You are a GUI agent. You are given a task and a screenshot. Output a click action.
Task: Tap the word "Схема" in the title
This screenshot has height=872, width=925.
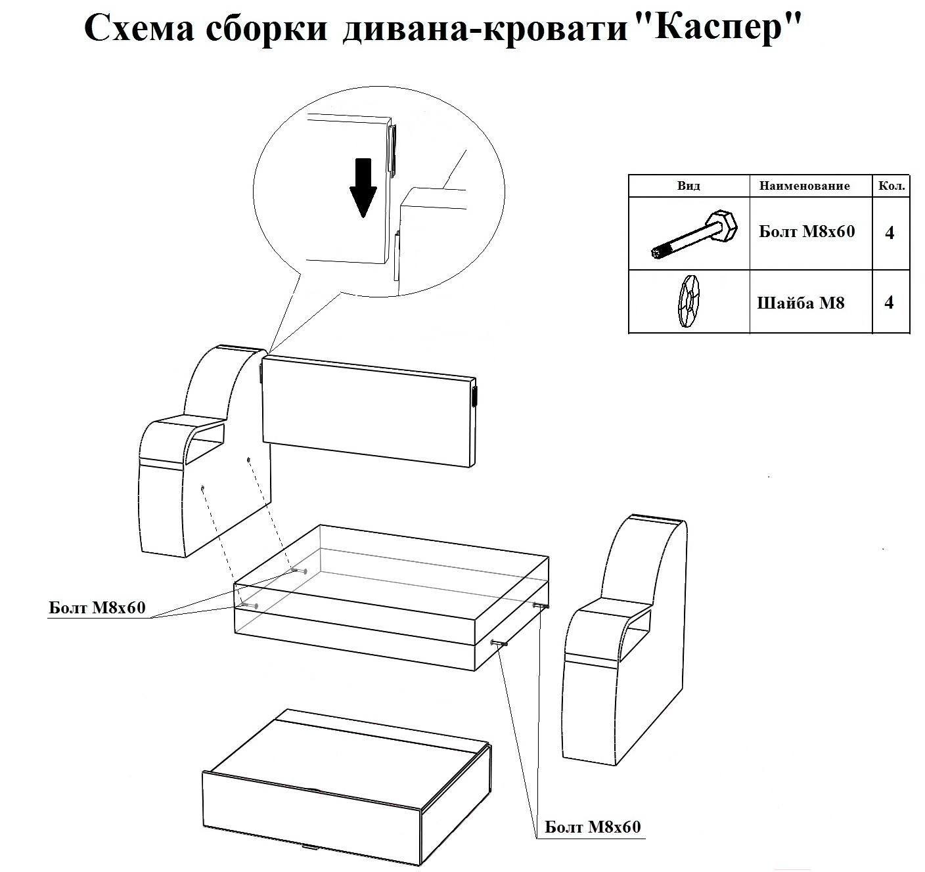139,29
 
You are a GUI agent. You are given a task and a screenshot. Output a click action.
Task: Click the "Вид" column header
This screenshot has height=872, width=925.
688,186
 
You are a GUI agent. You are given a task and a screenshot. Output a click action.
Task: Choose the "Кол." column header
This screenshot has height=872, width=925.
891,186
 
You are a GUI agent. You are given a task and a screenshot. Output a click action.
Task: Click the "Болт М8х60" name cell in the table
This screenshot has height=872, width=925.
807,232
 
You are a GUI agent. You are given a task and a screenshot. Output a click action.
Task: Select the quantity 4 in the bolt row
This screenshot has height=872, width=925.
890,233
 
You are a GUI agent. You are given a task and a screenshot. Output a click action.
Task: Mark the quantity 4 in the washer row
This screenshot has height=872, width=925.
889,303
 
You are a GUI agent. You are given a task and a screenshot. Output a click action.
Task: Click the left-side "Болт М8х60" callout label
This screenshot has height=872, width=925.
97,608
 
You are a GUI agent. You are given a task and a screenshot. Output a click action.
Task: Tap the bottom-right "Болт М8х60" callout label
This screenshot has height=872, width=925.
593,827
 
